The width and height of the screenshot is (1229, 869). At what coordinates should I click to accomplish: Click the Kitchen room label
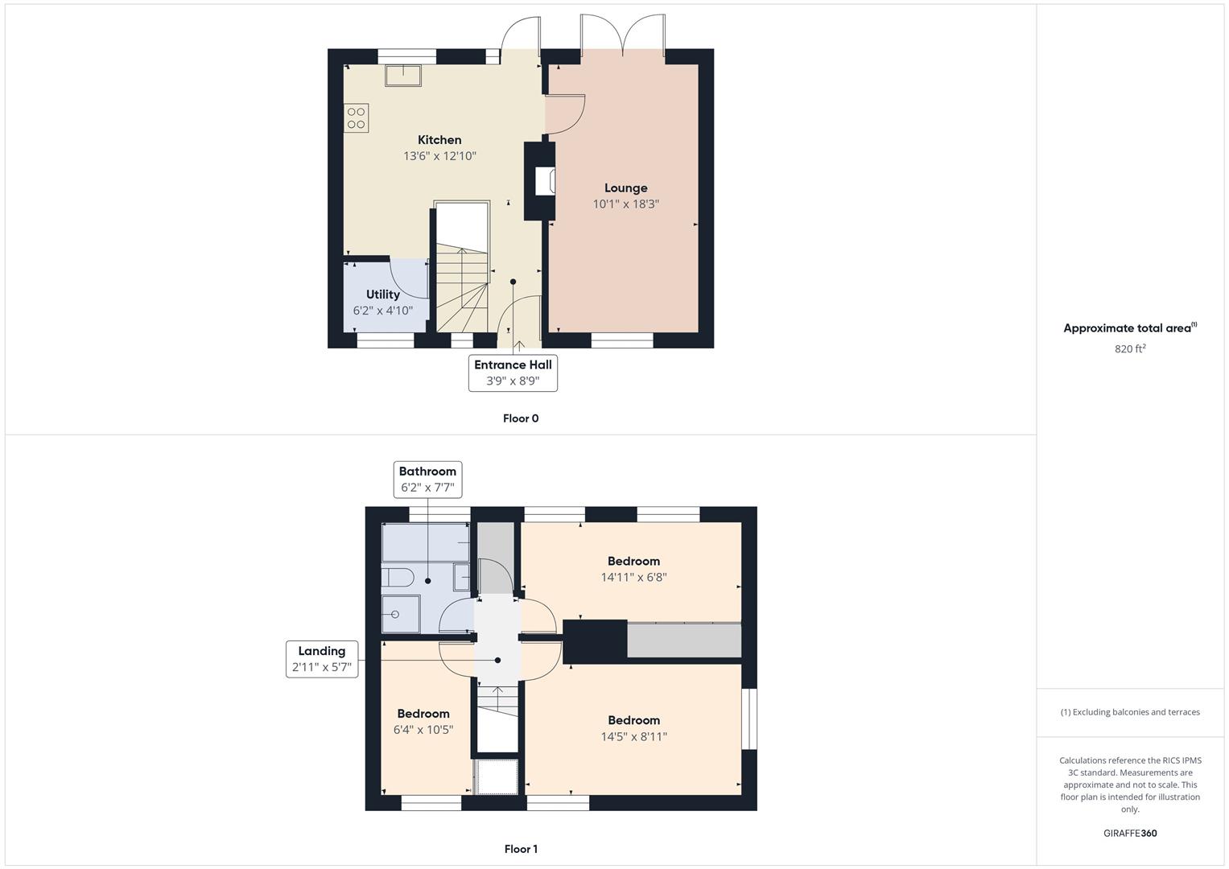(439, 140)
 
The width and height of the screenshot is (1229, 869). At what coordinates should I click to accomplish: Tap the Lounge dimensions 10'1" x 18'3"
(625, 204)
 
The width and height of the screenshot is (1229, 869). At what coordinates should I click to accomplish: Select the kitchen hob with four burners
(356, 118)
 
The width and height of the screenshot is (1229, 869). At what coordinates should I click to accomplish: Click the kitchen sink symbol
(403, 76)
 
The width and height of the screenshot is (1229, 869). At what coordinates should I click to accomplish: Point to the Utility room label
(383, 294)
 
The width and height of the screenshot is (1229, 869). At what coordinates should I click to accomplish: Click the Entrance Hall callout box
(513, 373)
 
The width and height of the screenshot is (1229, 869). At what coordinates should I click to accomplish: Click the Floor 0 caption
(521, 418)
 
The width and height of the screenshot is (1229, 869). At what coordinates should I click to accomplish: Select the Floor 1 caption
(521, 849)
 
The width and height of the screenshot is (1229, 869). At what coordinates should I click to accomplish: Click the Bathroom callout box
(427, 480)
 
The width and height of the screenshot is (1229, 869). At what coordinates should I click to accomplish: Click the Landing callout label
(322, 659)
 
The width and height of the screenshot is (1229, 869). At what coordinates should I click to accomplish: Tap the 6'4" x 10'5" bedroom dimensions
(423, 730)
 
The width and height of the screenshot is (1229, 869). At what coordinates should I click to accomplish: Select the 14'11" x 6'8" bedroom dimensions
(633, 577)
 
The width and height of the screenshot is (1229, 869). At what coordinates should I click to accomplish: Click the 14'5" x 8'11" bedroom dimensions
(633, 737)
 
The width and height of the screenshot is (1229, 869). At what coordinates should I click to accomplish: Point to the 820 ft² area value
(1130, 349)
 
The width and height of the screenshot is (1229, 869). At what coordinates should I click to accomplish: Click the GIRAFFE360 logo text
(1130, 834)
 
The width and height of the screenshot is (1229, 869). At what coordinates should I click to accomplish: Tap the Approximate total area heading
(1130, 328)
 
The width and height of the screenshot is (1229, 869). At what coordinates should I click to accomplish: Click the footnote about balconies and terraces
(1130, 712)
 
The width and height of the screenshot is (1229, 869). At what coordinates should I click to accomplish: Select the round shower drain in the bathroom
(395, 615)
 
